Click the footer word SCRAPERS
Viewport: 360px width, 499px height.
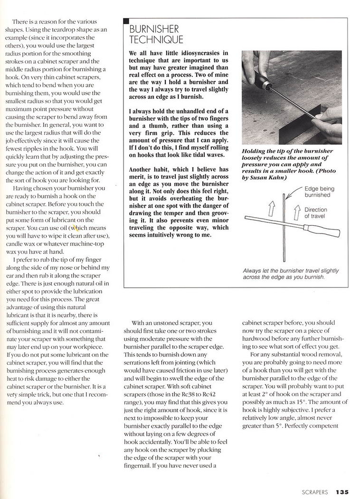coord(314,492)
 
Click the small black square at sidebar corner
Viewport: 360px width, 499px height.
coord(126,21)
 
